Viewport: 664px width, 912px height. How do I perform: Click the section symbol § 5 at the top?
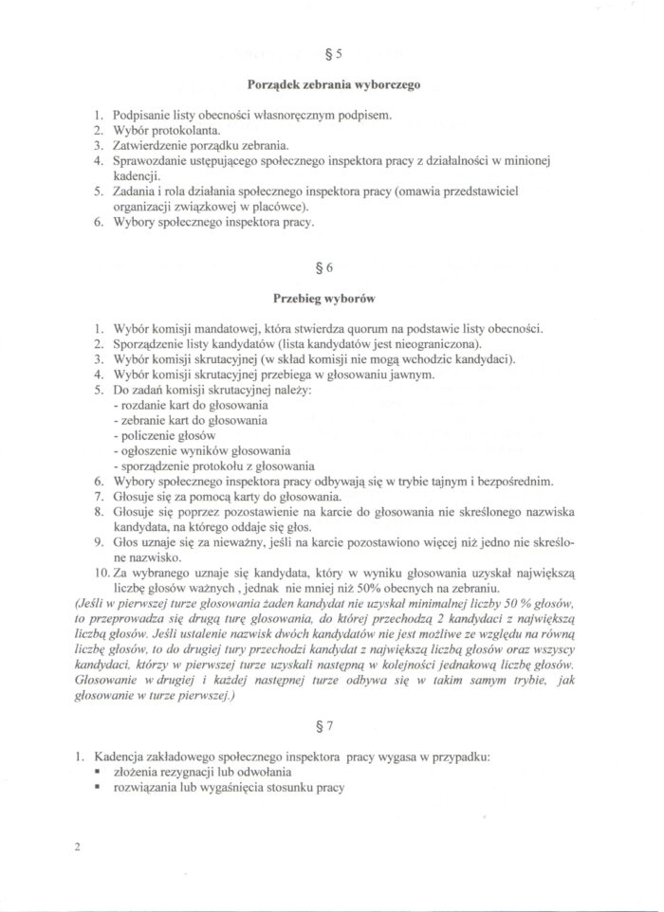pyautogui.click(x=332, y=55)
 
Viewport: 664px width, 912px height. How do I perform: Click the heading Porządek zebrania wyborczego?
pyautogui.click(x=333, y=84)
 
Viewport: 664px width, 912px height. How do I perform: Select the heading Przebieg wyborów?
pyautogui.click(x=332, y=298)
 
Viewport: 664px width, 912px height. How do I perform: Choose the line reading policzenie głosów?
pyautogui.click(x=162, y=435)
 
